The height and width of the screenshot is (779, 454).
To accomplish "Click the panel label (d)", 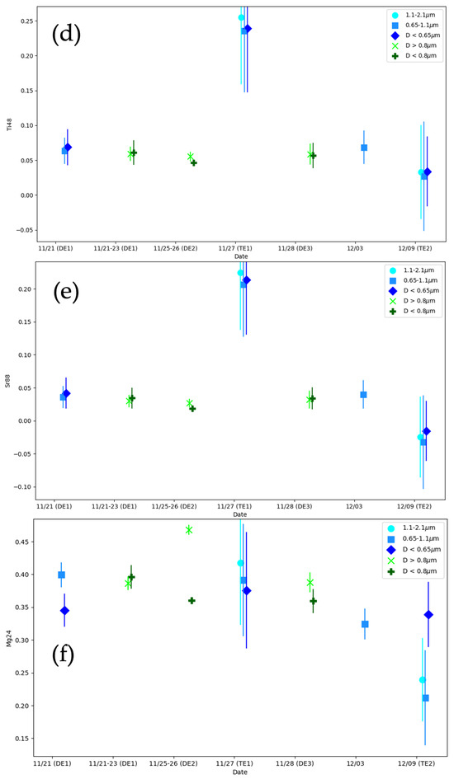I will point(65,35).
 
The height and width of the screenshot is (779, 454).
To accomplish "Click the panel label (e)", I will point(65,294).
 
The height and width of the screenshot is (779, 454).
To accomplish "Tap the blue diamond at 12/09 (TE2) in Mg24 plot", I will point(428,615).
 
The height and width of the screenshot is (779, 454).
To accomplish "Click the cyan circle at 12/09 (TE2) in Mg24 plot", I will point(422,680).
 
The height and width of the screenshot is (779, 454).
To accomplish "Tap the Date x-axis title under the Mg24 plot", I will point(239,772).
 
